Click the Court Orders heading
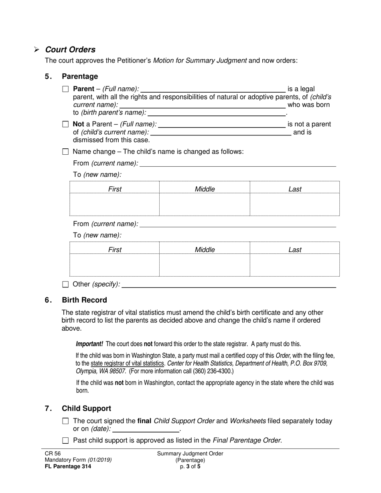coord(70,50)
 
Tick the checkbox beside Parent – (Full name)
coord(65,89)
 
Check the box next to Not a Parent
coord(65,124)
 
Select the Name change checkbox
coord(65,152)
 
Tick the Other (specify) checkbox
coord(65,285)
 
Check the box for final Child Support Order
coord(65,421)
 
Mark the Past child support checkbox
coord(65,441)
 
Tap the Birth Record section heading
coord(84,300)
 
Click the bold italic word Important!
coord(89,344)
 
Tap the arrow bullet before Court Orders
coord(36,50)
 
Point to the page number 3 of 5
coord(190,466)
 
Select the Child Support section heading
coord(86,408)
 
